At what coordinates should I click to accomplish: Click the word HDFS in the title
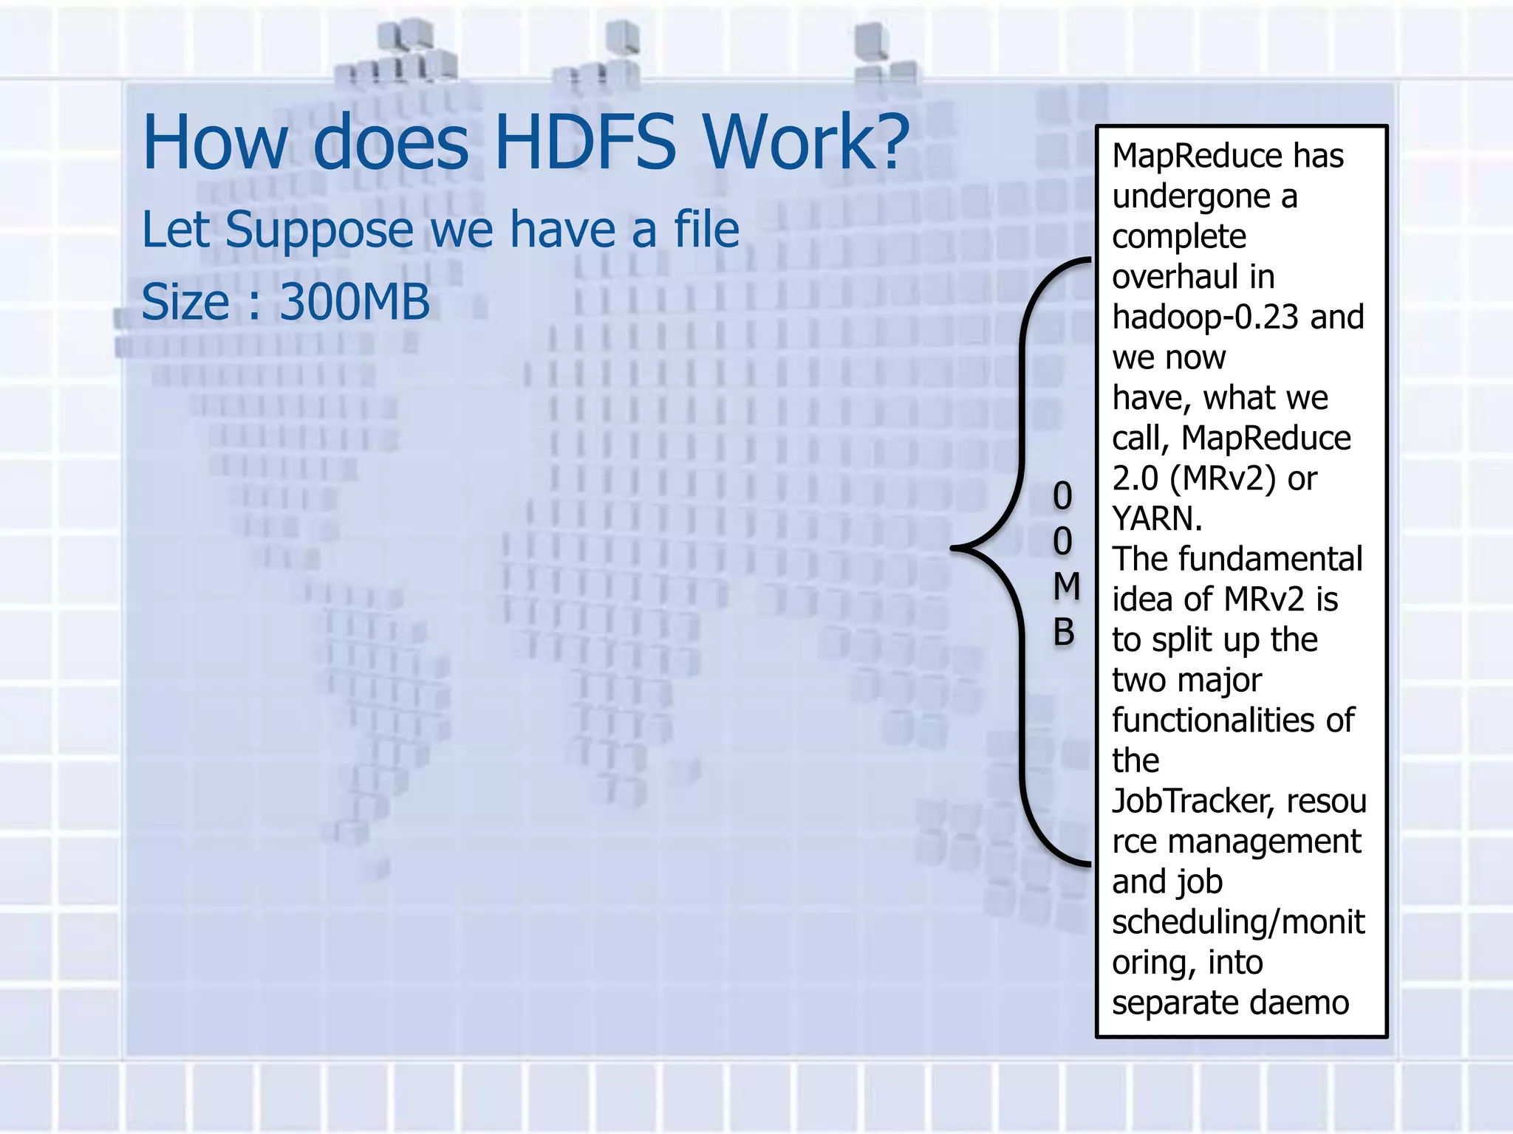[584, 142]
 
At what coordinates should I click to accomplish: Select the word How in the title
[214, 142]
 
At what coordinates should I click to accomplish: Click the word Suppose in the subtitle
[320, 231]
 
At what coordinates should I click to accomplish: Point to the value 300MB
[355, 302]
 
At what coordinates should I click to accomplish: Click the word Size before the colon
[185, 302]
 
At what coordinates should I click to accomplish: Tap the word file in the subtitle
[706, 230]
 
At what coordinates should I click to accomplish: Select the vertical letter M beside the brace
[1065, 587]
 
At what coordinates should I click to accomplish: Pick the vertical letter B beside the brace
[1064, 633]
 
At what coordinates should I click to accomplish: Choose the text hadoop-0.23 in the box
[1205, 317]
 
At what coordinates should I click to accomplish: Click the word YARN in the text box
[1153, 519]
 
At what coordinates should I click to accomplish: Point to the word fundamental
[1270, 559]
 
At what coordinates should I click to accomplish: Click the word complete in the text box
[1179, 237]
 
